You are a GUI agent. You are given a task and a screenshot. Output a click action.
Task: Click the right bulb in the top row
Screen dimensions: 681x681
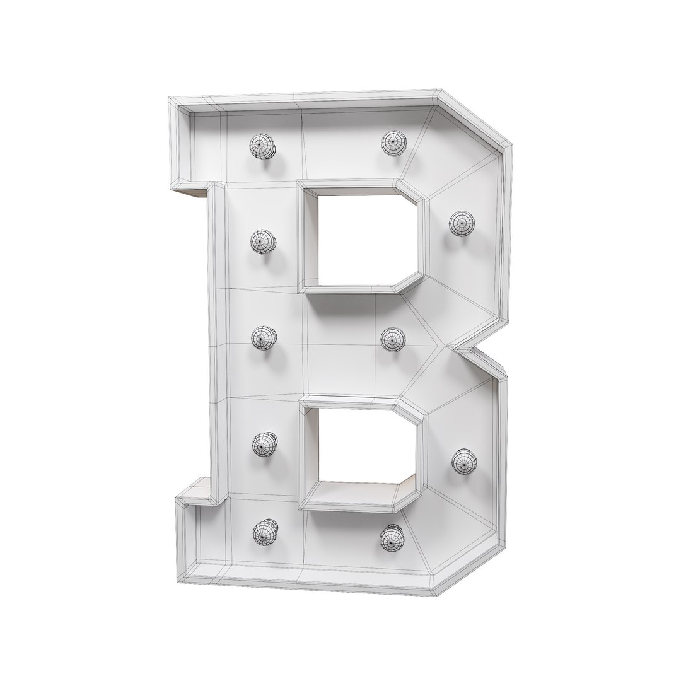[393, 142]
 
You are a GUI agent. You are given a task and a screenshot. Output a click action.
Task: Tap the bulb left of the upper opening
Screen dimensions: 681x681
[262, 242]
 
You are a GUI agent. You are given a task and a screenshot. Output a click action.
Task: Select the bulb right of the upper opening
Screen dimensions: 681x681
[461, 223]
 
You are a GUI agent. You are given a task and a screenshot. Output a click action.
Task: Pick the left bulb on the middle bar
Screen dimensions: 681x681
[264, 339]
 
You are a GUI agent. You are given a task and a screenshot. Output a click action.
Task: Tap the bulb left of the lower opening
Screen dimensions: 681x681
[264, 445]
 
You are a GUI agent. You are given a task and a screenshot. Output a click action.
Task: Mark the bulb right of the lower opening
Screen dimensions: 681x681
[464, 462]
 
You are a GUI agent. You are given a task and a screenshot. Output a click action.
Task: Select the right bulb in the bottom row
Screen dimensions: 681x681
[392, 537]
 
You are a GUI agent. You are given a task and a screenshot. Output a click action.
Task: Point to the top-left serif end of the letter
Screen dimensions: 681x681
[180, 145]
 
